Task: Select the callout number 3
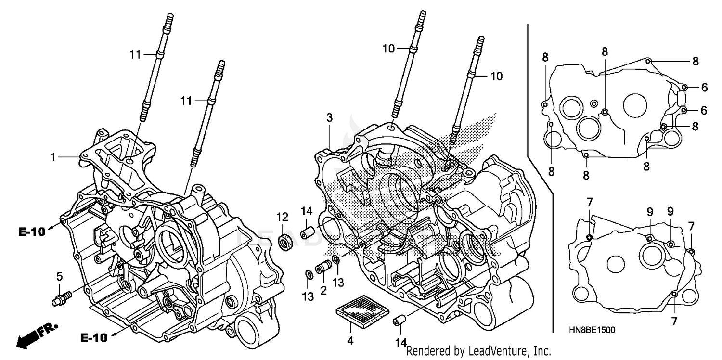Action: [x=329, y=117]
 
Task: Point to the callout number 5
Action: [x=60, y=276]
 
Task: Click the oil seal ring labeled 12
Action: [x=287, y=242]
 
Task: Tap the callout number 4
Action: [x=350, y=341]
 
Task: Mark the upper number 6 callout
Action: [x=704, y=87]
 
